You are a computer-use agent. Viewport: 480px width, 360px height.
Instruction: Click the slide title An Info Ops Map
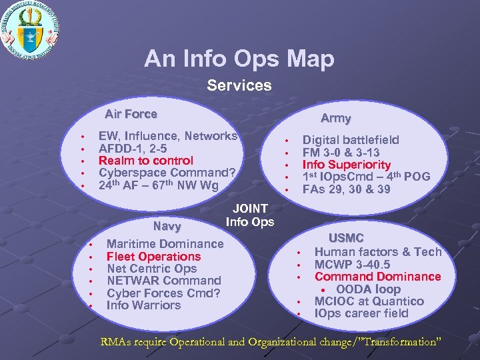pos(239,59)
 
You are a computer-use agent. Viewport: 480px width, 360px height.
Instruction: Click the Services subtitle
pos(239,85)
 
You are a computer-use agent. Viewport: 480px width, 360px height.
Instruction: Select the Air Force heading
pos(131,114)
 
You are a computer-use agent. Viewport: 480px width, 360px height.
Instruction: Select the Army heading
pos(335,118)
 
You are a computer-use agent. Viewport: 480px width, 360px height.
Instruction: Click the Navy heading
pos(167,227)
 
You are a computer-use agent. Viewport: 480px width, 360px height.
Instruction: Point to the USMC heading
pos(345,238)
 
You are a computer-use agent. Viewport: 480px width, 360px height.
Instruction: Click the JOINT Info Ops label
pos(250,215)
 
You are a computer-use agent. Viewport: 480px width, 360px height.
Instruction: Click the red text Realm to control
pos(145,161)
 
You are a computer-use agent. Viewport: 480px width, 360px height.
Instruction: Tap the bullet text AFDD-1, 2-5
pos(133,148)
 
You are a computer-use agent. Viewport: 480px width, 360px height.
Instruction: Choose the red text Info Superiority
pos(346,165)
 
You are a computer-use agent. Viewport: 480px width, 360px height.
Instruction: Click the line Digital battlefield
pos(351,140)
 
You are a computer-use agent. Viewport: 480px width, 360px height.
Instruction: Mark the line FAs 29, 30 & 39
pos(346,189)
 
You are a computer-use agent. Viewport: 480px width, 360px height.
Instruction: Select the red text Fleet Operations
pos(153,257)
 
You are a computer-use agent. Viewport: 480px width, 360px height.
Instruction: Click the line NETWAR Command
pos(163,281)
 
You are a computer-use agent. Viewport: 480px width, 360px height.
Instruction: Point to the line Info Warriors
pos(143,305)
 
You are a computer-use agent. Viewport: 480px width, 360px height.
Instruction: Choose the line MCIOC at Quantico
pos(369,301)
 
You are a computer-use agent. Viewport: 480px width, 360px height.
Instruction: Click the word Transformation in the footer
pos(398,342)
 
